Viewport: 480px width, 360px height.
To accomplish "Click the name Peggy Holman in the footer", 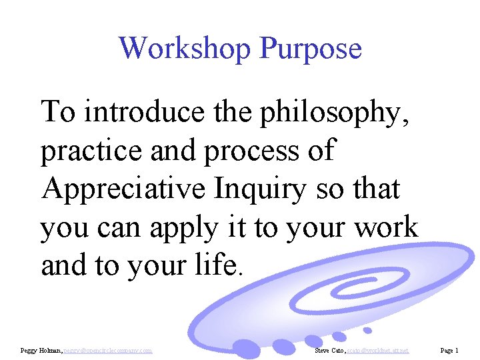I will tap(43, 350).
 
